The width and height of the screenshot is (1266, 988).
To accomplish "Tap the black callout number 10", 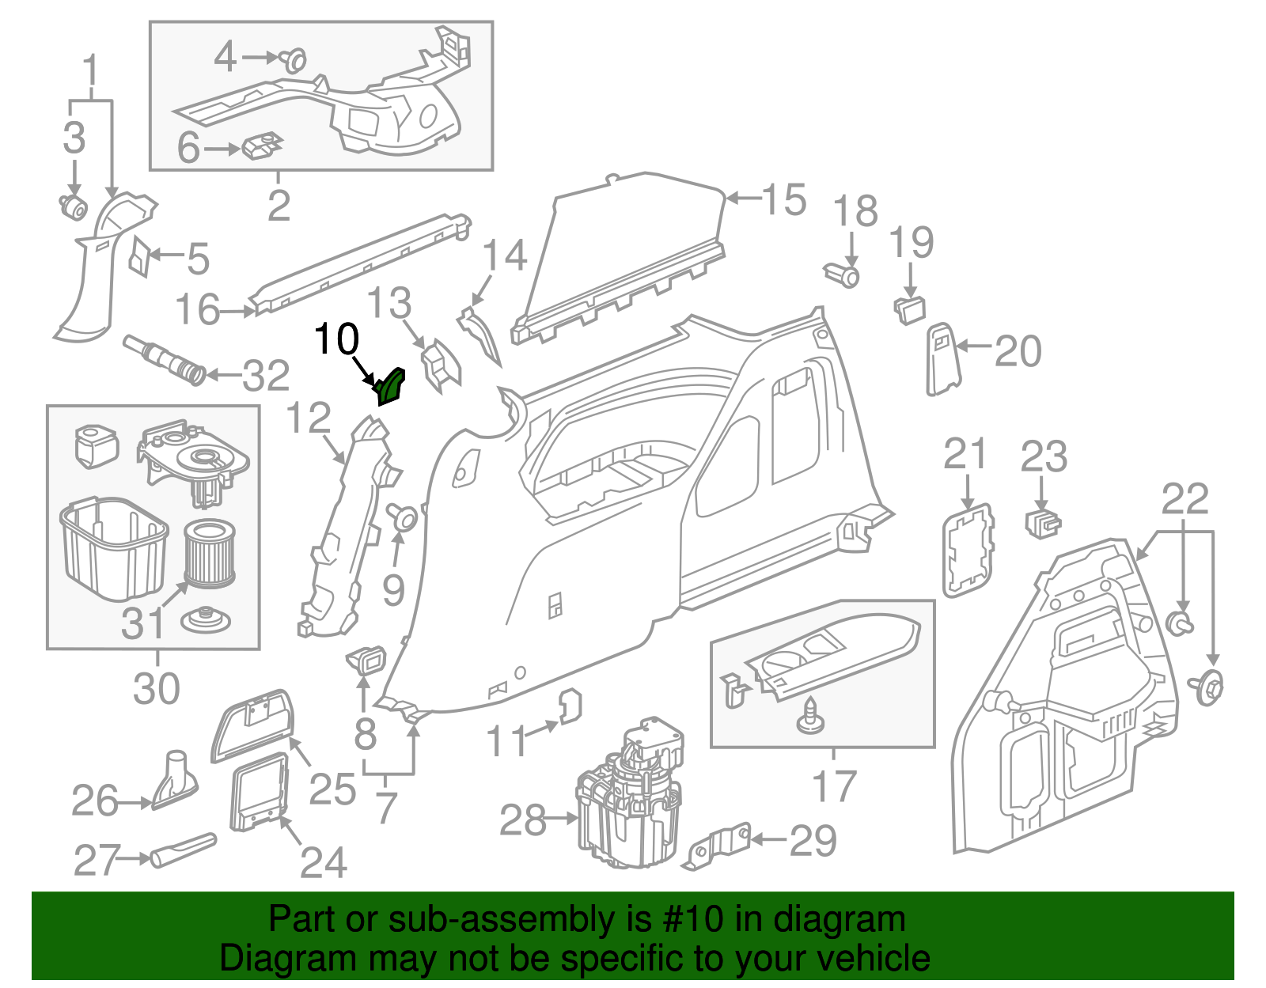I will coord(337,339).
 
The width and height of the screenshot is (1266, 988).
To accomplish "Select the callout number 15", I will coord(784,199).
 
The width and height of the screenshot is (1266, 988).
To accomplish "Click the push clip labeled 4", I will coord(295,59).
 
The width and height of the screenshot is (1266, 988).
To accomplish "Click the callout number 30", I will coord(156,688).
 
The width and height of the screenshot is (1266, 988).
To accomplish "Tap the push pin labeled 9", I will coord(404,517).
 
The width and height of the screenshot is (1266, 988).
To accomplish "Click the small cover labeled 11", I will coord(571,706).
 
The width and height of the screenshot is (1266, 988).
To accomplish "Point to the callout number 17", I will coord(834,785).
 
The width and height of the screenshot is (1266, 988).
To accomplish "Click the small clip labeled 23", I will coord(1043,523).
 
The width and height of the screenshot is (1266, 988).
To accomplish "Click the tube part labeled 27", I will coord(183,849).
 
